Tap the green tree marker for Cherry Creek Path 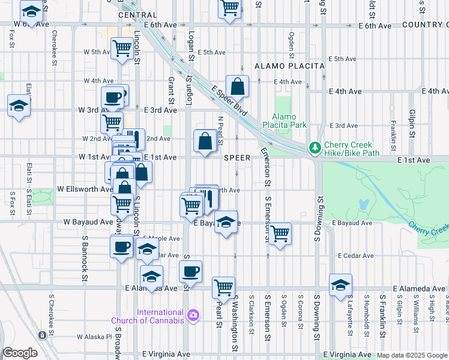(315, 148)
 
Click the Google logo (20, 353)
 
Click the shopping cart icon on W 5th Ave (122, 48)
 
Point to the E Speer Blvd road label (229, 100)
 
